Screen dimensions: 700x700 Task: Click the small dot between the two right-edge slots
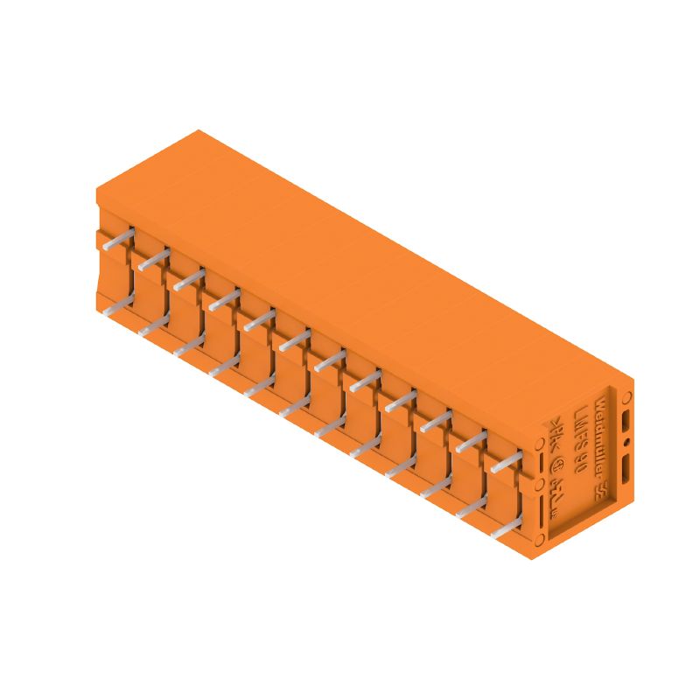[x=627, y=443]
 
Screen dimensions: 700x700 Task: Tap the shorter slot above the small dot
[x=626, y=422]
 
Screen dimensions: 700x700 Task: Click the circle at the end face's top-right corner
[x=627, y=397]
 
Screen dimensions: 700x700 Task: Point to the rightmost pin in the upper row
[x=507, y=465]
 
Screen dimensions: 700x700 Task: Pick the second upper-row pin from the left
[x=154, y=257]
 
